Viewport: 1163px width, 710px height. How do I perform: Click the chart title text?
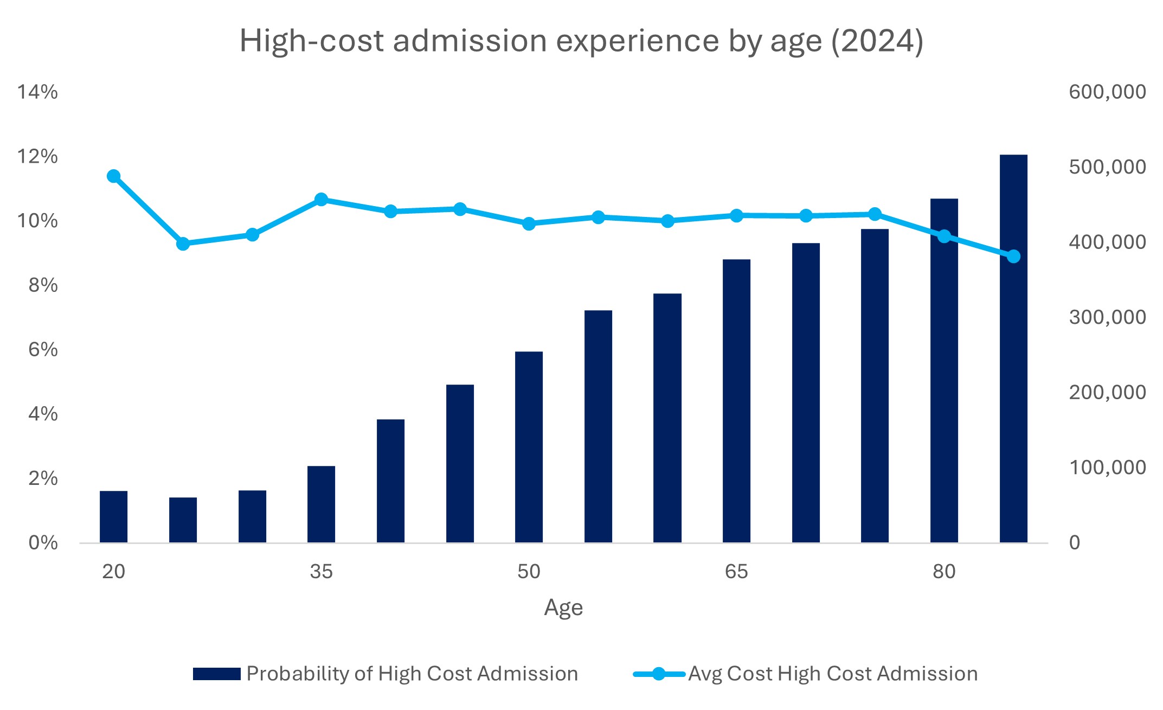point(581,41)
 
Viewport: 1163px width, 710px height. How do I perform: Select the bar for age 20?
point(113,516)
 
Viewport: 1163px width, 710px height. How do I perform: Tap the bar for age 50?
point(529,447)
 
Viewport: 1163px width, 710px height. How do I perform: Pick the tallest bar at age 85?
point(1013,348)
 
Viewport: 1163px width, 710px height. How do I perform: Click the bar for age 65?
point(736,401)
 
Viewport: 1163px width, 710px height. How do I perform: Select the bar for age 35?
point(321,504)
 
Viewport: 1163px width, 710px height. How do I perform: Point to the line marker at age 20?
point(113,176)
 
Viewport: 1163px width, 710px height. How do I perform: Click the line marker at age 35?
point(321,200)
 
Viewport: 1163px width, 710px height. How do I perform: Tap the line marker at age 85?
point(1013,257)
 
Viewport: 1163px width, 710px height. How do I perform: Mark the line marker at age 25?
point(183,244)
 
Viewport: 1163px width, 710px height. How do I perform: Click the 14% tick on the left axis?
point(37,92)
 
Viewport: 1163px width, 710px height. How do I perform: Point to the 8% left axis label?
point(43,285)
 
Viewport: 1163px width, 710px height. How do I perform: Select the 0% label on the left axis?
point(43,542)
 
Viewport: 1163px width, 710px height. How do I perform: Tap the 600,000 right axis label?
point(1107,92)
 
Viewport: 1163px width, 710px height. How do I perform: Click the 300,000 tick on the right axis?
point(1107,317)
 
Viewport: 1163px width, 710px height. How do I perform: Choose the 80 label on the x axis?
point(944,572)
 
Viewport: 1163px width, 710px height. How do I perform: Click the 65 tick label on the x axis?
point(736,572)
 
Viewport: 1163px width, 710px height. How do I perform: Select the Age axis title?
point(563,607)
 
